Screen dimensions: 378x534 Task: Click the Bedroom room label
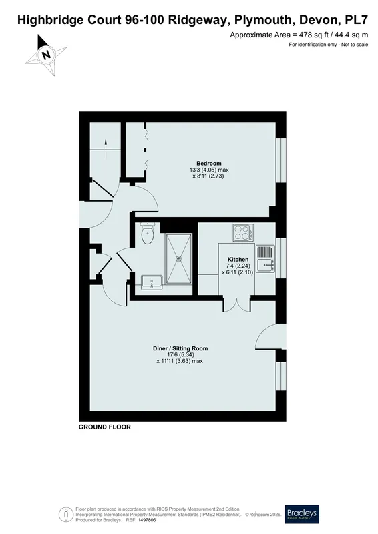click(208, 163)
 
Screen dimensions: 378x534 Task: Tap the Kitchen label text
click(238, 260)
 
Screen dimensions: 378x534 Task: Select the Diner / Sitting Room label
click(180, 348)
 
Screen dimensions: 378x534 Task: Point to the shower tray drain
click(179, 258)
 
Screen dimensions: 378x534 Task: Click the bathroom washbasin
click(152, 282)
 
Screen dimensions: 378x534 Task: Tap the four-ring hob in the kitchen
click(243, 232)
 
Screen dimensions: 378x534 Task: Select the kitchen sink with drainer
click(265, 259)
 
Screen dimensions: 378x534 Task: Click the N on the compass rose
click(46, 55)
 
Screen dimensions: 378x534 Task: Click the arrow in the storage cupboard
click(106, 149)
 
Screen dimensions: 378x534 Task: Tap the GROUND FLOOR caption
click(105, 427)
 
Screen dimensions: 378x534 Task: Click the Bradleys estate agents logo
click(302, 514)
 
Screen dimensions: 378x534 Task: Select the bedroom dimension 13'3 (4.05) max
click(209, 170)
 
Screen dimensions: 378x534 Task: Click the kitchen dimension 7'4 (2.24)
click(238, 266)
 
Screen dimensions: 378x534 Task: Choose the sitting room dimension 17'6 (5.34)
click(180, 355)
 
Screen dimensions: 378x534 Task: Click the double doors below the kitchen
click(237, 304)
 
